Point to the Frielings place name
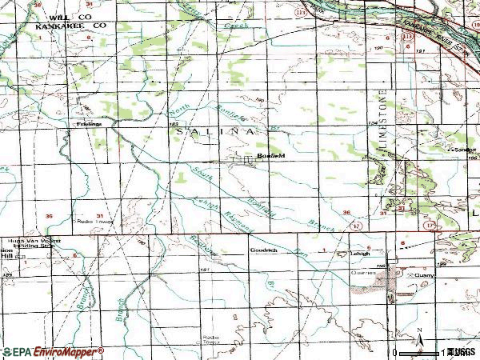pos(89,124)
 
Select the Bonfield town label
pos(270,155)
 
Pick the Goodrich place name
pos(263,250)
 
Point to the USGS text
pos(462,351)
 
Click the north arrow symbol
pos(418,337)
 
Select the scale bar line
pos(421,351)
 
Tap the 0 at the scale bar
pos(395,352)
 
